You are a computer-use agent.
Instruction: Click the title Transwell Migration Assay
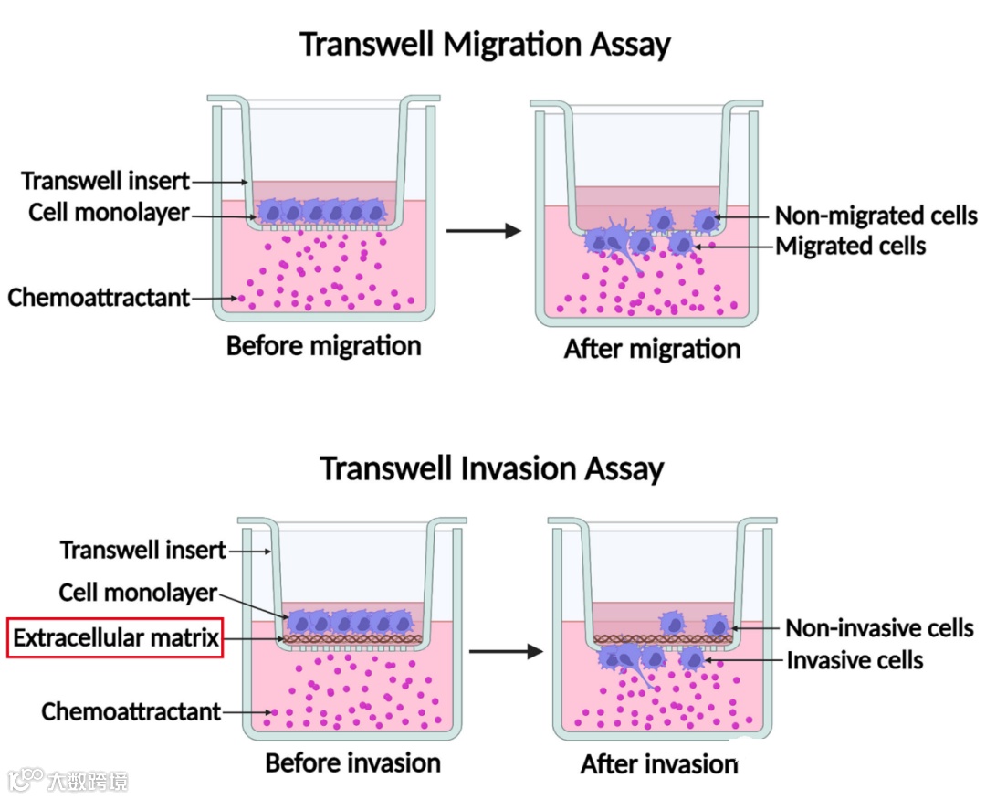pos(485,44)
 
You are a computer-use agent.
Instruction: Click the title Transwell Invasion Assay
pos(491,468)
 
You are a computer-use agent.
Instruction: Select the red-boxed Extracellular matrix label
pos(116,637)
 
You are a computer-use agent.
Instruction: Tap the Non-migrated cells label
pos(876,216)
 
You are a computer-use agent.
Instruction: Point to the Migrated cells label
pos(850,246)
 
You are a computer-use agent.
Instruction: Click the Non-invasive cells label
pos(879,628)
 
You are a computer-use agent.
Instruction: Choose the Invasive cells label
pos(855,660)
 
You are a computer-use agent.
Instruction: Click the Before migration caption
pos(323,347)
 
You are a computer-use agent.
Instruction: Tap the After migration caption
pos(652,349)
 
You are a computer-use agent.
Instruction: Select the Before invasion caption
pos(352,762)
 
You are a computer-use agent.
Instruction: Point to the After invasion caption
pos(658,763)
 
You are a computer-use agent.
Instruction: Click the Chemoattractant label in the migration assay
pos(99,298)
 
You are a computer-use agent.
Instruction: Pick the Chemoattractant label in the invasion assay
pos(131,711)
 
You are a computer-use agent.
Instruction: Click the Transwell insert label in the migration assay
pos(106,181)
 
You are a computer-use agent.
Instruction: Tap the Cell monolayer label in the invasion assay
pos(138,593)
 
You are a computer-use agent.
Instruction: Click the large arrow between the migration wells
pos(482,231)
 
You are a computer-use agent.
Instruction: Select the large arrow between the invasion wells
pos(505,652)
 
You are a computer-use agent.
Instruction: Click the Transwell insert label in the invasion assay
pos(143,551)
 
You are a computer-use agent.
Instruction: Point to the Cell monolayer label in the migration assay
pos(109,213)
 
